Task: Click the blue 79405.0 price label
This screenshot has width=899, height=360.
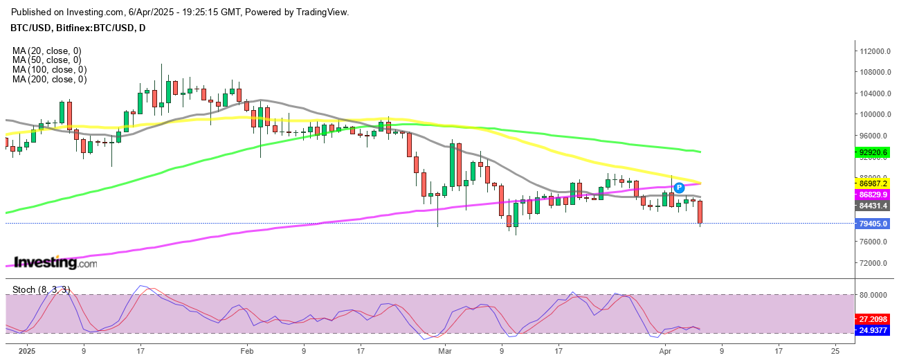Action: click(874, 224)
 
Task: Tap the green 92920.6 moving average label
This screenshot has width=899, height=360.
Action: click(874, 152)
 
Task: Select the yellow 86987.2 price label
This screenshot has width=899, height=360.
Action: click(874, 183)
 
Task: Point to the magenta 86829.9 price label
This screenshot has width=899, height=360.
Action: click(874, 195)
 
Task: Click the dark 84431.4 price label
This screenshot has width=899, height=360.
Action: click(874, 206)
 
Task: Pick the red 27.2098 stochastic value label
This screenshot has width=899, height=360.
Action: click(874, 320)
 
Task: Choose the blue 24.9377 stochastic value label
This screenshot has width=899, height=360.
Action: click(874, 330)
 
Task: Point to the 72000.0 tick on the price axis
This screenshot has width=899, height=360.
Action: click(874, 263)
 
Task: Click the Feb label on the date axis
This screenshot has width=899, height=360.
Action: click(247, 351)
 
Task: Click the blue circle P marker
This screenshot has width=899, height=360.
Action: click(679, 187)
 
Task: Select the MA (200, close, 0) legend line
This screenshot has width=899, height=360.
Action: click(49, 80)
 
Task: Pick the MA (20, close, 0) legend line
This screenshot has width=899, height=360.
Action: click(46, 51)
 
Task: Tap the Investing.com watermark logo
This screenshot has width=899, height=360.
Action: click(56, 262)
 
